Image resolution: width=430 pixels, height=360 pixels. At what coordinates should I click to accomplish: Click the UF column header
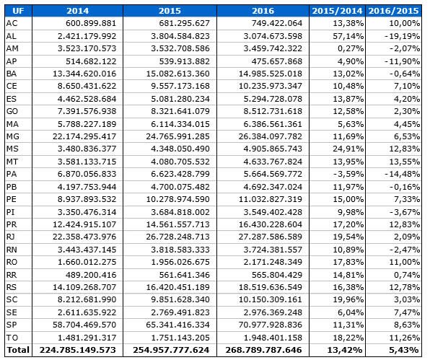18,11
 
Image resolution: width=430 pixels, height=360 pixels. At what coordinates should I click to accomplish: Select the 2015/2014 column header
338,11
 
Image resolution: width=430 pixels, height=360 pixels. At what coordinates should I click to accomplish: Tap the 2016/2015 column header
393,11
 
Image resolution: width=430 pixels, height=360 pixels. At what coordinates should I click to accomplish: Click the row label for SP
12,325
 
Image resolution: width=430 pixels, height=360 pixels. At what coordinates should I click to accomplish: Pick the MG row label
12,136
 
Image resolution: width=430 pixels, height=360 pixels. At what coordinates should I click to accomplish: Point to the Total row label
18,350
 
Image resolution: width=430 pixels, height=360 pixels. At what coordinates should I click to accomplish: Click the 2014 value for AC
91,23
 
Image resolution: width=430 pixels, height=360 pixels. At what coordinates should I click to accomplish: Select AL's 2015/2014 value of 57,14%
348,36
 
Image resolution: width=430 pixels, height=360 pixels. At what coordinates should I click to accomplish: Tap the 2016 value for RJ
271,237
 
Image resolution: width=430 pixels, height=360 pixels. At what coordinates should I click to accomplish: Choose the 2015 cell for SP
177,325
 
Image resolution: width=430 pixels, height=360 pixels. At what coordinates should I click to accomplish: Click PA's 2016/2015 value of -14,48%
402,174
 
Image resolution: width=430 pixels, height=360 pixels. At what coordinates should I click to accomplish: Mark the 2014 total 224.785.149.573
78,350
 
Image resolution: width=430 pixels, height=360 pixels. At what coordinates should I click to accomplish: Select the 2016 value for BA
271,74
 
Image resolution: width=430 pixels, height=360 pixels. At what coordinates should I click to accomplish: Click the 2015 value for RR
185,275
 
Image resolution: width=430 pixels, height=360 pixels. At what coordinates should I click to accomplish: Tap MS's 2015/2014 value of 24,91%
348,149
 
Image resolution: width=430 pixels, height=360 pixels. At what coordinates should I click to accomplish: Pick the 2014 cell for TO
87,338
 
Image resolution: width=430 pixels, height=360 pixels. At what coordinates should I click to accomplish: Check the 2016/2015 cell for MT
405,162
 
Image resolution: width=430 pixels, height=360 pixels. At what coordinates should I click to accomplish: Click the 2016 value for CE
271,86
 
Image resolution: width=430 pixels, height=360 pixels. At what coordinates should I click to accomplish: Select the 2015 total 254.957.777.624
171,350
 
